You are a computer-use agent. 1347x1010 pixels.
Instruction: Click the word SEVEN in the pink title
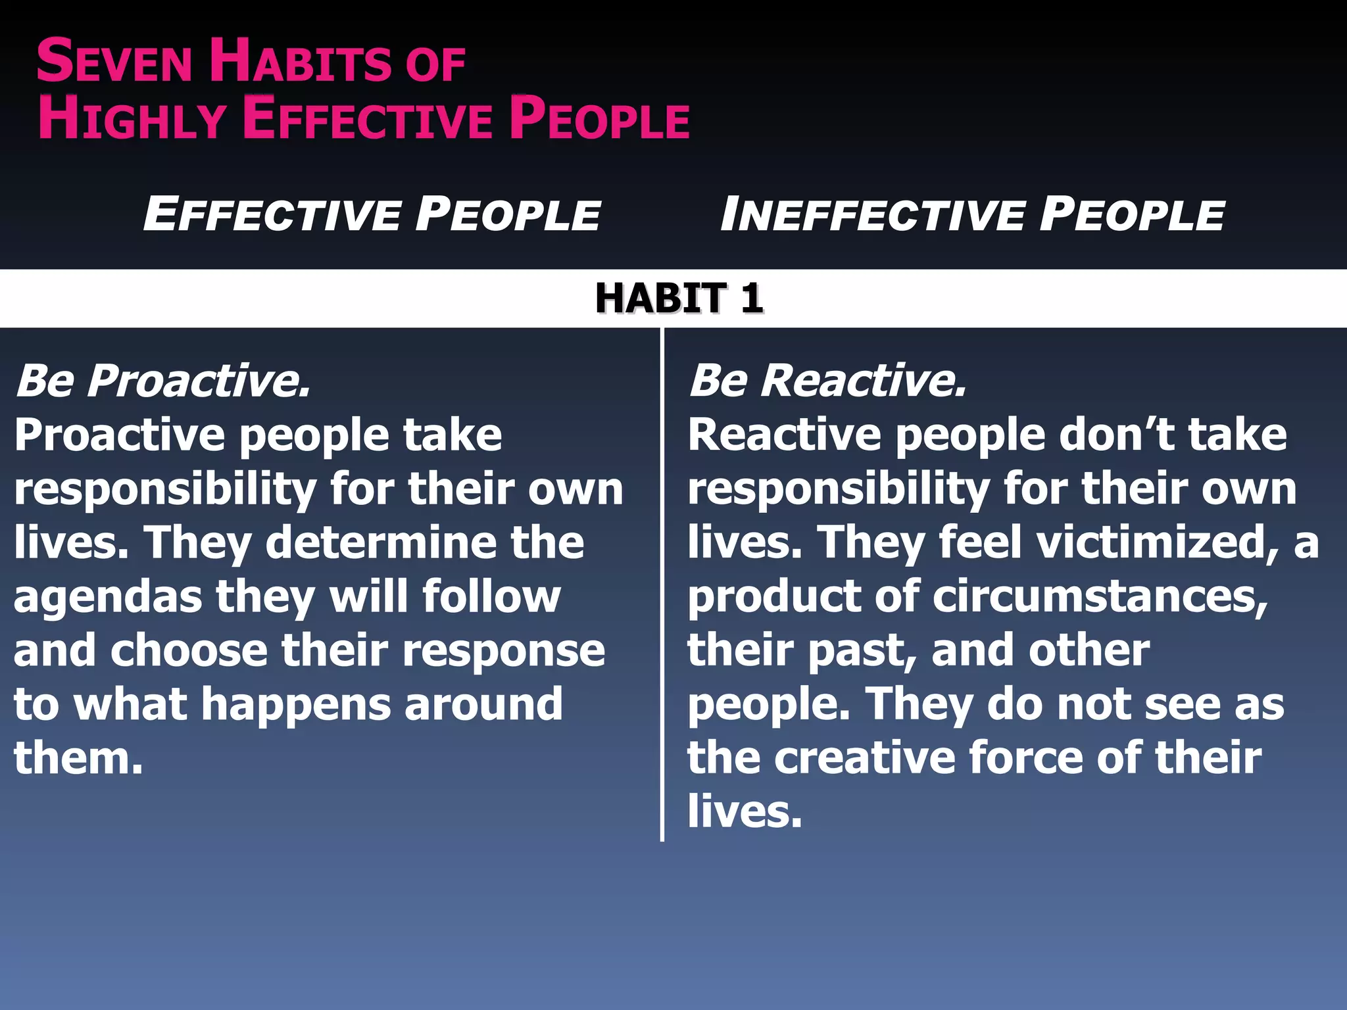tap(113, 62)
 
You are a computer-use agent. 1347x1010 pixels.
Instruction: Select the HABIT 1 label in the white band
tap(679, 298)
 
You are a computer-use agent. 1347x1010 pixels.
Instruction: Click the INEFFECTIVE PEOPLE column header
tap(972, 214)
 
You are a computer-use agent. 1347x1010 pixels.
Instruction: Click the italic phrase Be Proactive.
tap(162, 381)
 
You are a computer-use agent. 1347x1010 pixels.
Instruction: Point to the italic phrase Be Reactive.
tap(827, 381)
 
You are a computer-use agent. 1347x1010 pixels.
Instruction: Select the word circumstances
tap(1100, 596)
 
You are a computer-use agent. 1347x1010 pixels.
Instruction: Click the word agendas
tap(107, 598)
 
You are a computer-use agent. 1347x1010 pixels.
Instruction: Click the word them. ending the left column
tap(78, 758)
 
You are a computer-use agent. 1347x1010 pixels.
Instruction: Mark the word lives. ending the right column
tap(745, 811)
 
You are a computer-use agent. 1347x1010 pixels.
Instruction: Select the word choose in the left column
tap(189, 650)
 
